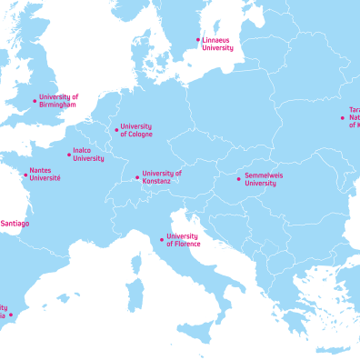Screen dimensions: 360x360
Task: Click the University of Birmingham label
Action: tap(59, 100)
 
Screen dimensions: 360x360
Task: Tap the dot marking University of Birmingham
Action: tap(35, 101)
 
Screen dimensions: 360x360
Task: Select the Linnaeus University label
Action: tap(218, 44)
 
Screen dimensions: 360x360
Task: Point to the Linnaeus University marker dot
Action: tap(198, 40)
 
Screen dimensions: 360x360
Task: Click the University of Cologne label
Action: tap(136, 130)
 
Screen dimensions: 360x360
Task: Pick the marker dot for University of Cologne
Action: tap(116, 130)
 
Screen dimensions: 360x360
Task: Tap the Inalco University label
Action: tap(88, 155)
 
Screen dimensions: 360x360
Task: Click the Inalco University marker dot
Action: tap(69, 155)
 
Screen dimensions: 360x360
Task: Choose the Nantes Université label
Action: tap(45, 174)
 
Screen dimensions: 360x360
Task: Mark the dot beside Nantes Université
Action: tap(25, 175)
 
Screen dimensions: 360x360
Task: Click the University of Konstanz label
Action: tap(162, 176)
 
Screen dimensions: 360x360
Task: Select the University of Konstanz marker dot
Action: tap(137, 177)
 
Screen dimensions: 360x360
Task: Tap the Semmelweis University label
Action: tap(262, 179)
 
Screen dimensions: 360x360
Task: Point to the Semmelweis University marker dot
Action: tap(239, 179)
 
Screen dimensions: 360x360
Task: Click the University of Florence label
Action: tap(182, 240)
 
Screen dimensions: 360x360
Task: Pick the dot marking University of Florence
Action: tap(162, 240)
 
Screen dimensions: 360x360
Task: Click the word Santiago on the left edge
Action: tap(15, 223)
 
